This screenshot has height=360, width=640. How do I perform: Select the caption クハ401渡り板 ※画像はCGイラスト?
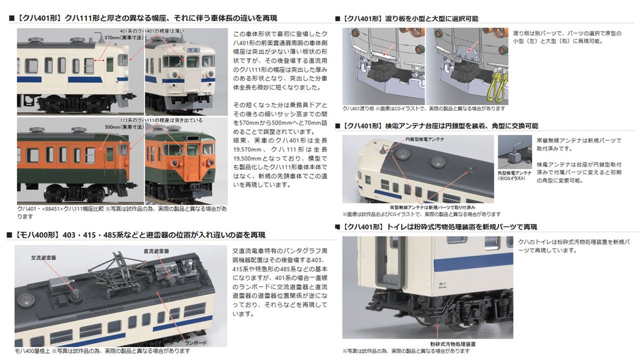click(x=422, y=108)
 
